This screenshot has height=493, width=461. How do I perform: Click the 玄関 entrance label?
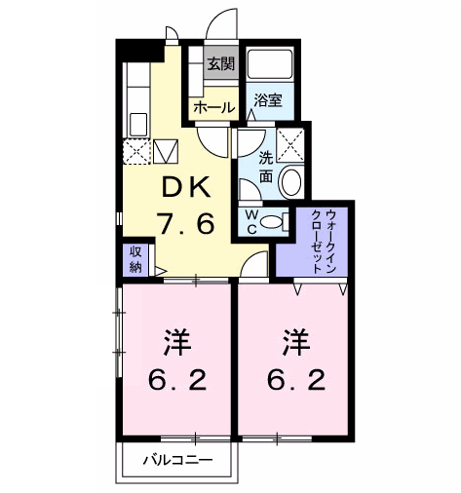(220, 65)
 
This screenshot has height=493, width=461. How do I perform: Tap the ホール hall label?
(214, 107)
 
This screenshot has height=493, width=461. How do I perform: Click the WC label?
(251, 221)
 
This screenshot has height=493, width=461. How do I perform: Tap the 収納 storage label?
(134, 259)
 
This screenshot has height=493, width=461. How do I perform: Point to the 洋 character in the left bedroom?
(175, 344)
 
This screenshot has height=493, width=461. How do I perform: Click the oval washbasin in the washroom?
(289, 181)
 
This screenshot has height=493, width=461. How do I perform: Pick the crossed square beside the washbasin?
(289, 143)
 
